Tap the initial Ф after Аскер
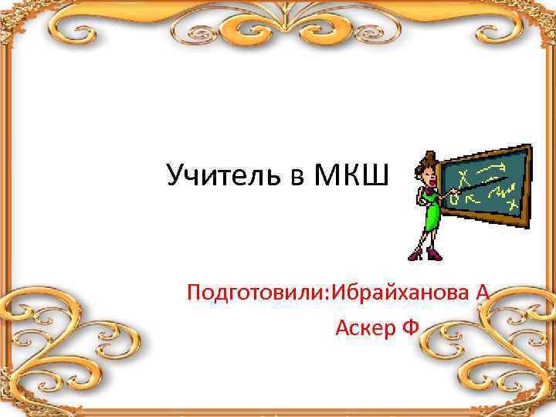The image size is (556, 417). click(410, 329)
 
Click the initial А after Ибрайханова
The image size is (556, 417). click(483, 293)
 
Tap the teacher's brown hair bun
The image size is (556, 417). click(423, 161)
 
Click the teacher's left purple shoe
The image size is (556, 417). click(415, 254)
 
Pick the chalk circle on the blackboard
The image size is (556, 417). click(454, 200)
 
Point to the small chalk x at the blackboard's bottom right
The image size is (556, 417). click(510, 204)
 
